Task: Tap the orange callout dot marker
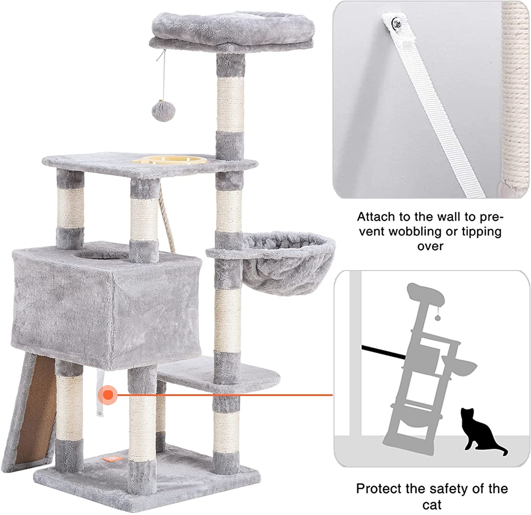108,394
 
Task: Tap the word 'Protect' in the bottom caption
378,489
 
